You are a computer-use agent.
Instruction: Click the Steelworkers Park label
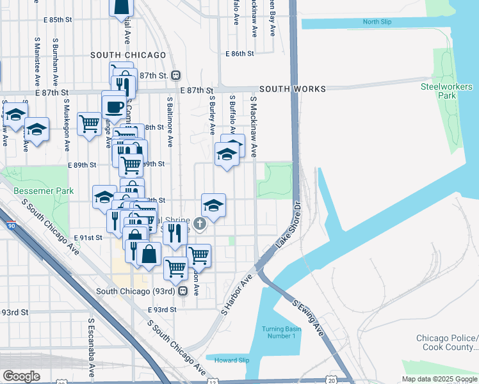pyautogui.click(x=439, y=91)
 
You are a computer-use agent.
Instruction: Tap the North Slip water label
pyautogui.click(x=377, y=22)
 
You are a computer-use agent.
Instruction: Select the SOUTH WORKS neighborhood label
pyautogui.click(x=292, y=89)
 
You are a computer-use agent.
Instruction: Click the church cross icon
pyautogui.click(x=200, y=223)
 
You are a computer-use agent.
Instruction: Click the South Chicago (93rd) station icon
pyautogui.click(x=183, y=291)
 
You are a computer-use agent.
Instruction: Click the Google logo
pyautogui.click(x=22, y=376)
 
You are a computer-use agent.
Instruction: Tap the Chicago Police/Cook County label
pyautogui.click(x=447, y=342)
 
